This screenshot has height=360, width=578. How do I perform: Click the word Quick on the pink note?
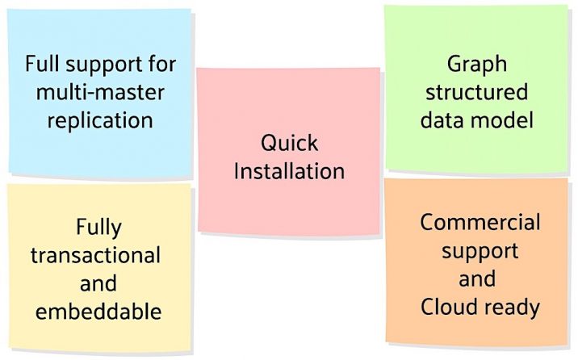(289, 143)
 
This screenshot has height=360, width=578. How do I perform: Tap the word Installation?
(289, 171)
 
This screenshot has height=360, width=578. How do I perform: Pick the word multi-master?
(100, 91)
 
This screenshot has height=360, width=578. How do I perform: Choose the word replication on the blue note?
(100, 120)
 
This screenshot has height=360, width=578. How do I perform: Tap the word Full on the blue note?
(41, 62)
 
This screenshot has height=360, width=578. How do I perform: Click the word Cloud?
(449, 307)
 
